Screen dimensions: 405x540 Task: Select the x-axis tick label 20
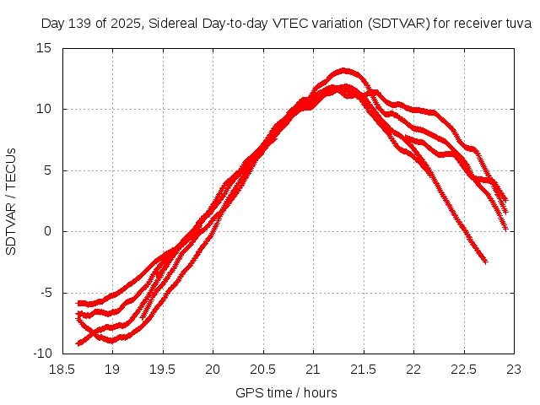(213, 369)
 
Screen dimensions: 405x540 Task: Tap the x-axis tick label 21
(313, 369)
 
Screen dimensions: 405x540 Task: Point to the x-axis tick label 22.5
(463, 369)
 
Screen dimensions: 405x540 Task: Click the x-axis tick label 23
(514, 369)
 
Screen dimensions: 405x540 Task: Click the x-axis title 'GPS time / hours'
(287, 392)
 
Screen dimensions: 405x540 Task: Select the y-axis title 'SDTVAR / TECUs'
(12, 201)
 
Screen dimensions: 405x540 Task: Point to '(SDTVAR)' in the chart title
(397, 24)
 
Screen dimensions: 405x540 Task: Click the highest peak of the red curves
(344, 70)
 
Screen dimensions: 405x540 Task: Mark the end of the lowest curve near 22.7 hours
(485, 261)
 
